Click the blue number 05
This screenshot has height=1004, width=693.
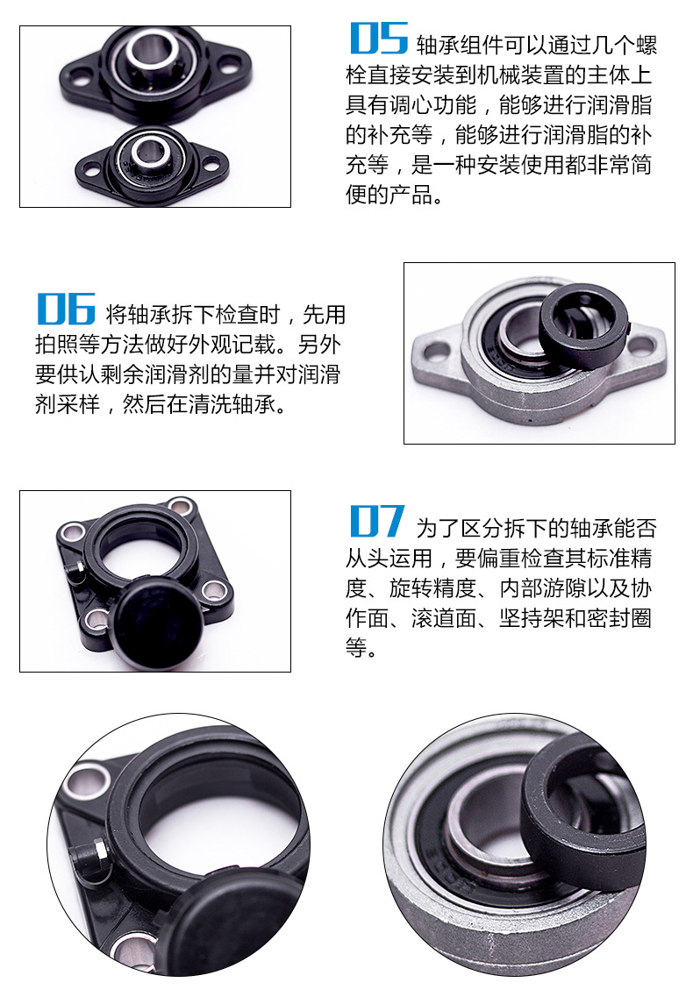379,39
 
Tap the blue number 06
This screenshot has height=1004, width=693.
66,309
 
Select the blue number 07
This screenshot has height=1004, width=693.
377,521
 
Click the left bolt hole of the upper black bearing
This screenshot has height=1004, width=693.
79,80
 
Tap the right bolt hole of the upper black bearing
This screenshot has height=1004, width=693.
228,64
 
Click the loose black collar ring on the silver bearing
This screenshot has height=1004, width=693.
582,326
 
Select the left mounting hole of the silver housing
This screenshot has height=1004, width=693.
438,351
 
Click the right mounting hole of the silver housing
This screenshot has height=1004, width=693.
640,346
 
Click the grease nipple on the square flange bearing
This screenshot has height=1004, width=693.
76,571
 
